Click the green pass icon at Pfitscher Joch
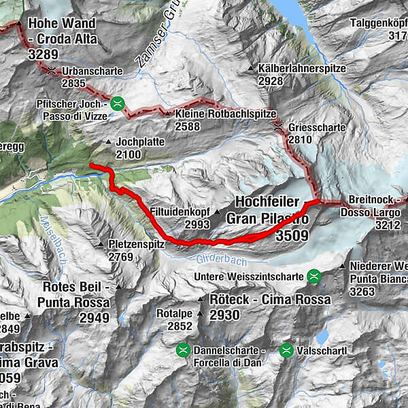point(118,104)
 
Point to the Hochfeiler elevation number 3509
point(292,236)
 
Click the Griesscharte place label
point(317,127)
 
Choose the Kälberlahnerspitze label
point(302,69)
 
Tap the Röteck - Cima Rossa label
point(270,299)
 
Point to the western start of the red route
point(91,165)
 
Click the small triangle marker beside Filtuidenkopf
point(217,212)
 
